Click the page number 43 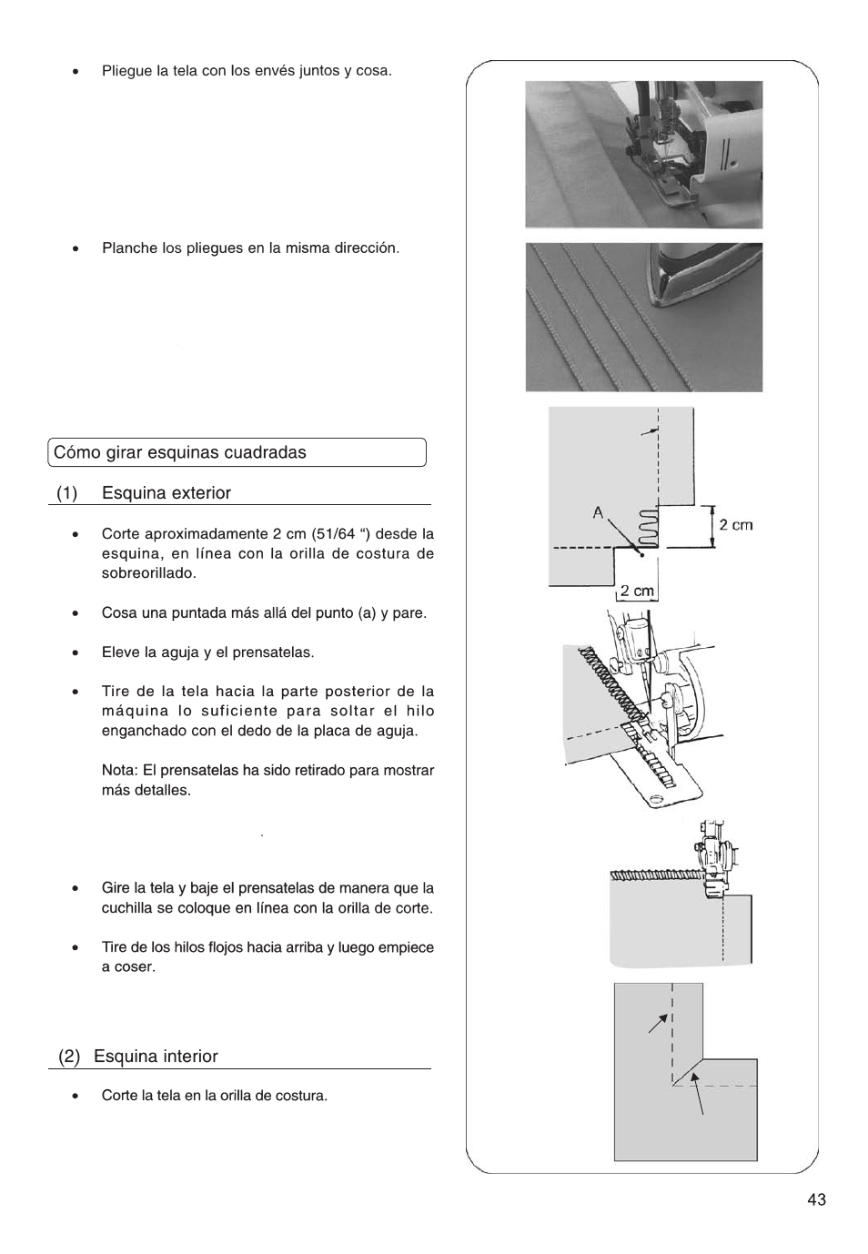(x=815, y=1199)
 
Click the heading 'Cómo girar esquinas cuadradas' (x=180, y=452)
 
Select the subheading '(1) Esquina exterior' (x=144, y=493)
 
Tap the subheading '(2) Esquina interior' (x=138, y=1057)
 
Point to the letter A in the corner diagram (x=598, y=512)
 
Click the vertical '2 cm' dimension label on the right (x=735, y=525)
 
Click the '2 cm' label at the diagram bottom (x=637, y=591)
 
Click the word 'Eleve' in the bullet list (x=120, y=652)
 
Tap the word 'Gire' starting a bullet (x=116, y=888)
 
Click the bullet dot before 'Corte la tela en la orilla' (x=77, y=1097)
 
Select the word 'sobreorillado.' (x=148, y=573)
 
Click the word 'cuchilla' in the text (x=127, y=908)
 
